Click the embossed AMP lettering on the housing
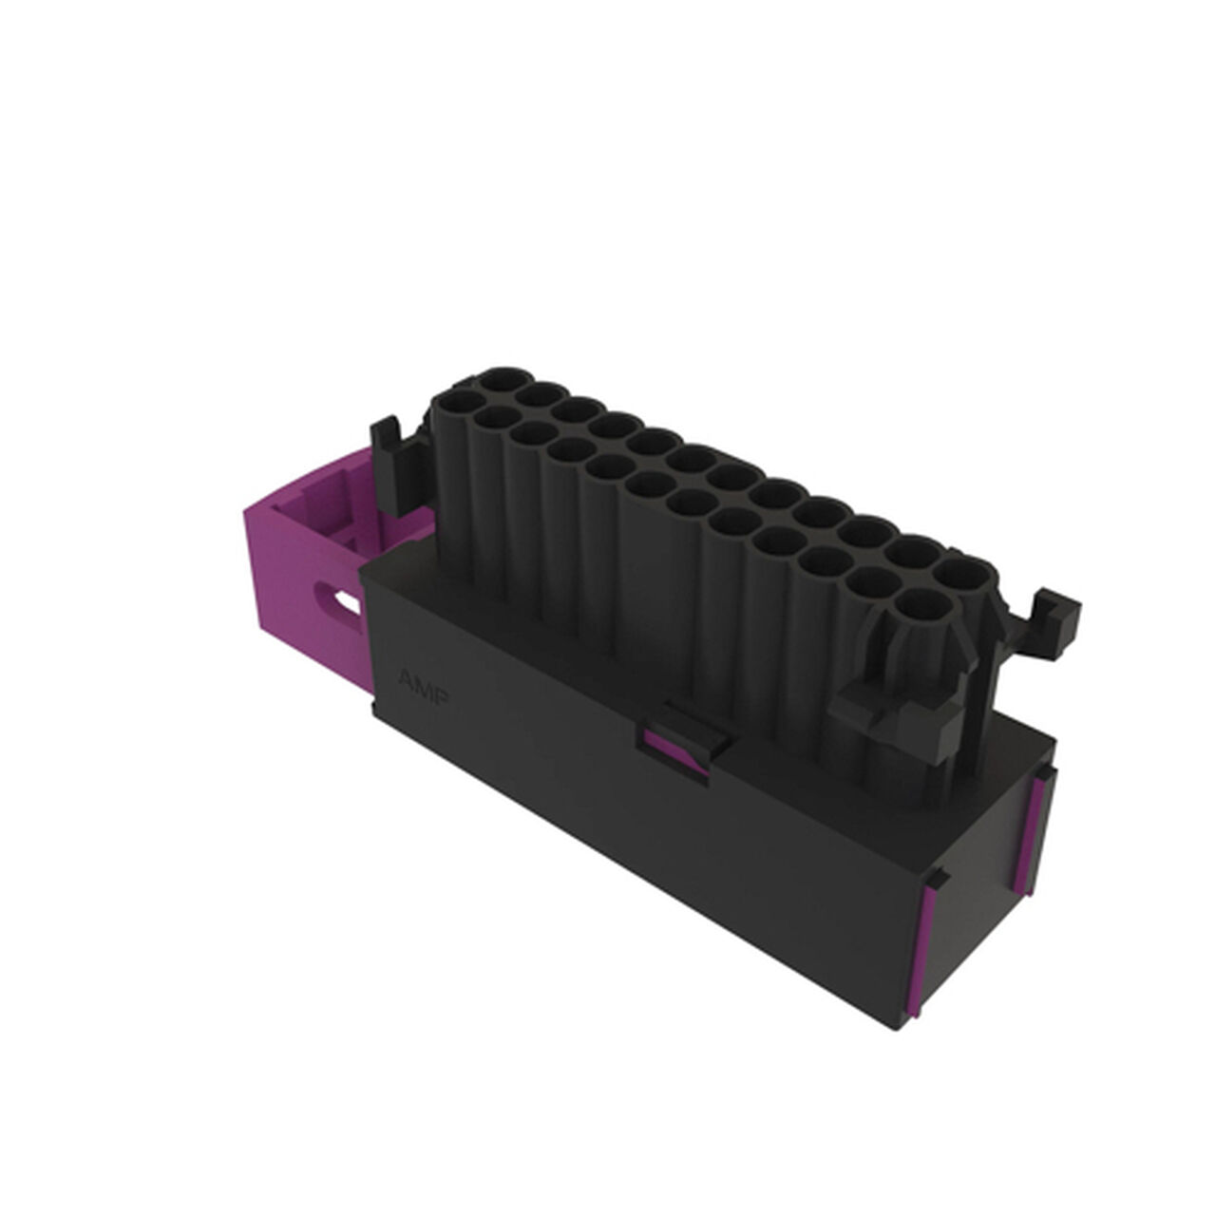point(424,685)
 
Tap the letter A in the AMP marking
point(405,677)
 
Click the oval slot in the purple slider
point(338,600)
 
